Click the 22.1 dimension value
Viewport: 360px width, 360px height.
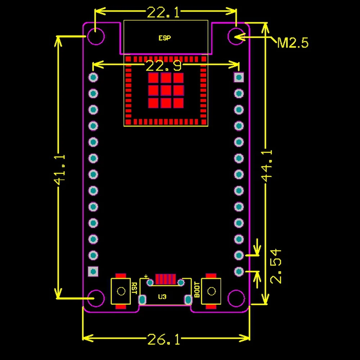pos(163,12)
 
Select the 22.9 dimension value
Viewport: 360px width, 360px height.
pos(163,66)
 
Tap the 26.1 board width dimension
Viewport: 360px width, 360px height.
pos(163,339)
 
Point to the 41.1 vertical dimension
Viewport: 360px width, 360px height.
pos(59,170)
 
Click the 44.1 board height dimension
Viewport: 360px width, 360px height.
pos(267,166)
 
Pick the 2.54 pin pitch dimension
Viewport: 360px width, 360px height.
pos(275,266)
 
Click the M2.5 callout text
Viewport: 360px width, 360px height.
pos(293,43)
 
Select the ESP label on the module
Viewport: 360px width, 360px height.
pos(165,38)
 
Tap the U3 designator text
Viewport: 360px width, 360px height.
pos(162,297)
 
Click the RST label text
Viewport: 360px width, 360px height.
pos(134,288)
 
